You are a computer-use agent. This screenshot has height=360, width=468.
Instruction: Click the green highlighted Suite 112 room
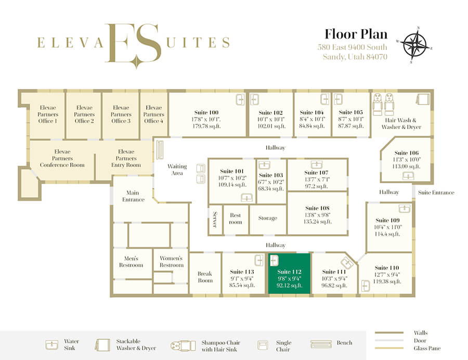coord(289,274)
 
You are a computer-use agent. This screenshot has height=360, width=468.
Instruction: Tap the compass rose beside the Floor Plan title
coord(414,45)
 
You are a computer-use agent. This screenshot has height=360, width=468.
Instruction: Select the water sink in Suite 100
coord(240,99)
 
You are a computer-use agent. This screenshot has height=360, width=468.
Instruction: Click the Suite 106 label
coord(406,153)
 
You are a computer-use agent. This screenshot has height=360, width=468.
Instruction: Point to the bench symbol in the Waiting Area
coord(160,149)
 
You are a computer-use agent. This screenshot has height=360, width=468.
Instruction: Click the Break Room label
coord(205,277)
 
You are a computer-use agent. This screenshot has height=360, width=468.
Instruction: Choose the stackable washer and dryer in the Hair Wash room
coord(423,99)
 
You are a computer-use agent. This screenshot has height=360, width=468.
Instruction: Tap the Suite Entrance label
coord(436,192)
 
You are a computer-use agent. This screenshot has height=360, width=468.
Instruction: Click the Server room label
coord(215,220)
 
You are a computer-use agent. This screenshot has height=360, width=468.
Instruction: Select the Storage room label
coord(267,218)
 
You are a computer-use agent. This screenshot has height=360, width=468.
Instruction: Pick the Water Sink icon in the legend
coord(51,345)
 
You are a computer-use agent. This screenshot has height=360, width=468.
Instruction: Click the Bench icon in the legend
coord(321,344)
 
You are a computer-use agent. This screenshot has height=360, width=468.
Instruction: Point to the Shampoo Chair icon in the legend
coord(183,345)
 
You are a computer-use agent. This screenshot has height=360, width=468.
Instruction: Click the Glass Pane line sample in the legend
coord(389,348)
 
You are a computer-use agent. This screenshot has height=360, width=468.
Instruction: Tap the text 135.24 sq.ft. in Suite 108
coord(318,222)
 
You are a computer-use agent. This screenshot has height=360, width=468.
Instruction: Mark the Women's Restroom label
coord(171,262)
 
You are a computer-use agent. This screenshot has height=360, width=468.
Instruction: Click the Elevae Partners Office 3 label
coord(121,114)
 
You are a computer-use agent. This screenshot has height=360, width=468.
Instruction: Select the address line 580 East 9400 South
coord(352,47)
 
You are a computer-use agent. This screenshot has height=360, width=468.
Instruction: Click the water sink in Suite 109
coord(405,209)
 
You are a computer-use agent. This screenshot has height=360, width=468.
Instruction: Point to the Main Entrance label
coord(133,196)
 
